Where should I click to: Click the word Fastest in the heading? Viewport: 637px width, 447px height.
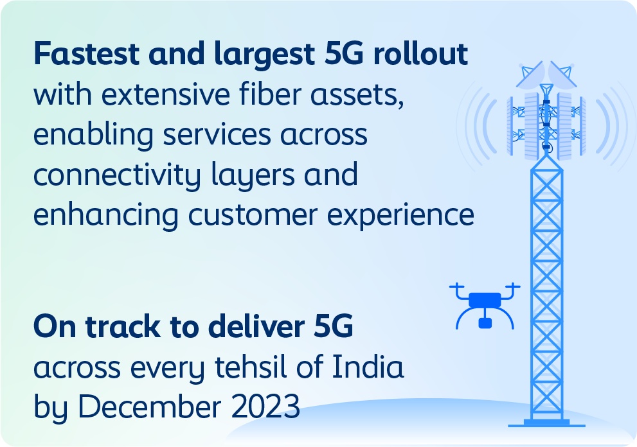click(87, 53)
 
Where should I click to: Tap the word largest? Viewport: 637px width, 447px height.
click(264, 55)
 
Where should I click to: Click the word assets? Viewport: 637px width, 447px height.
click(357, 95)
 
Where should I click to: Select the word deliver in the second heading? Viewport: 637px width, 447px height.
click(256, 326)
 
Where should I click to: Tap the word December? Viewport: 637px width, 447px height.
click(150, 407)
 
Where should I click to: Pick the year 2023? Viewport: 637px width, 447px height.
click(265, 407)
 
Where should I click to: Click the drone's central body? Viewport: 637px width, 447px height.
click(485, 300)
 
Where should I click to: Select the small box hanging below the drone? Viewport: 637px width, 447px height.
click(485, 323)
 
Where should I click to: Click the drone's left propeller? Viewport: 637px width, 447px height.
click(457, 286)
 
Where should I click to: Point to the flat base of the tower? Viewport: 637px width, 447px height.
click(546, 423)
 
